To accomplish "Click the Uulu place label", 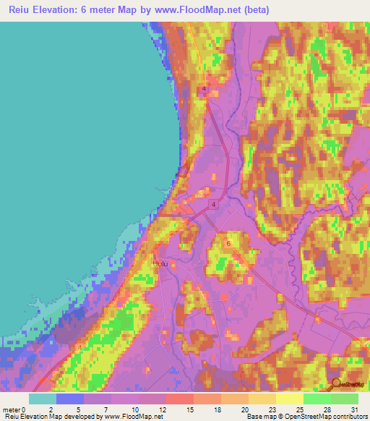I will click(x=160, y=264).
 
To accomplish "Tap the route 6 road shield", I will click(x=228, y=244).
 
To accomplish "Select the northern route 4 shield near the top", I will click(x=205, y=89).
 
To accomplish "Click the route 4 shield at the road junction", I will click(x=214, y=206).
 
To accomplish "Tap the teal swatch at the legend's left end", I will click(x=43, y=399).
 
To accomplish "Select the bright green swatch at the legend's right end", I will click(x=345, y=399).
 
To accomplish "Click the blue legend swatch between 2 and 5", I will click(x=70, y=399).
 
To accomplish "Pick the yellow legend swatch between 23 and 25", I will click(x=290, y=399).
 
